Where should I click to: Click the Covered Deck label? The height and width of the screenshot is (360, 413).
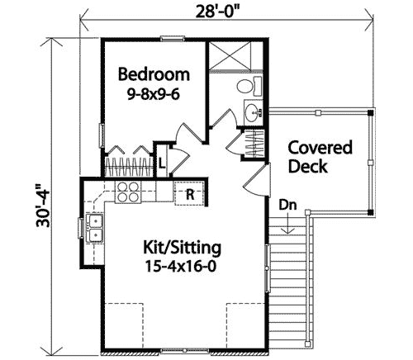click(x=320, y=157)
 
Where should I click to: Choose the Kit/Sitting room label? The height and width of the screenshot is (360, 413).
click(x=182, y=248)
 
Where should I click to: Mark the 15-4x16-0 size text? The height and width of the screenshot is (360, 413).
click(x=182, y=267)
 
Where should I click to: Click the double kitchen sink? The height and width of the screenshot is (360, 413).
click(x=95, y=227)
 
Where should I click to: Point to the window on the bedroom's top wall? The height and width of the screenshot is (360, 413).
click(x=172, y=37)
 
